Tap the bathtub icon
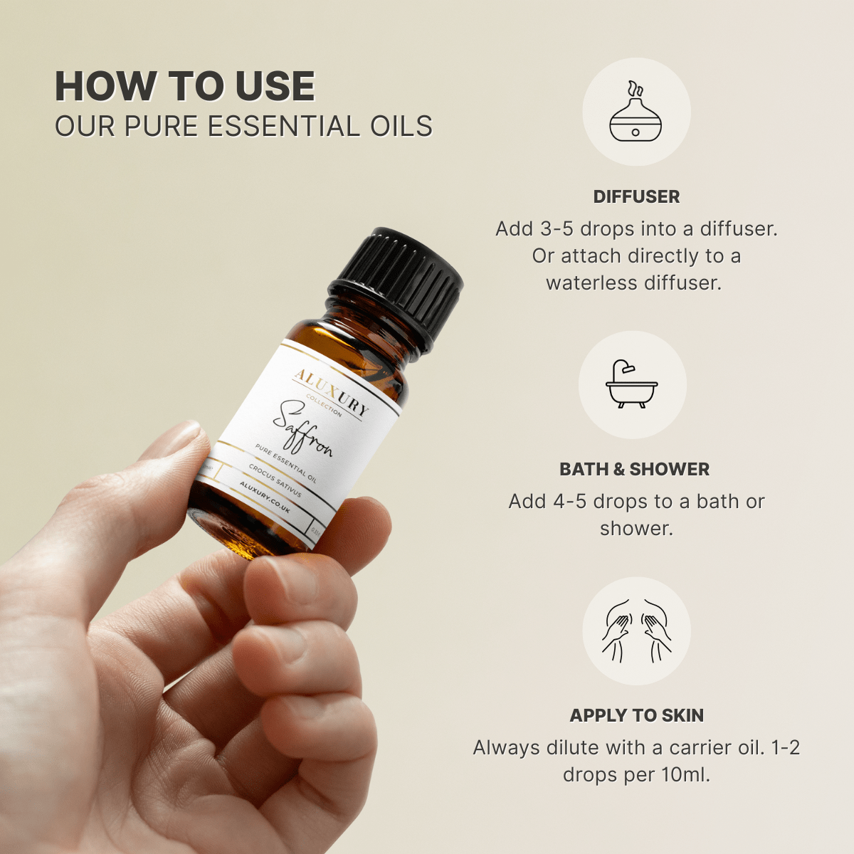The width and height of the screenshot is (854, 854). coord(632,385)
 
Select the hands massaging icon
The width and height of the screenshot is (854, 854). coord(636,631)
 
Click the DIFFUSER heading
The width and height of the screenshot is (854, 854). coord(636,196)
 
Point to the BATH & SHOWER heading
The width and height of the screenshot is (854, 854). coord(634,469)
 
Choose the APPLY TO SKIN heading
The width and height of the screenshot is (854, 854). coord(636,715)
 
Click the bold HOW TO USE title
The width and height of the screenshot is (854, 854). coord(185,87)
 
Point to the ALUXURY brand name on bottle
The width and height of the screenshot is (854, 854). coord(332,391)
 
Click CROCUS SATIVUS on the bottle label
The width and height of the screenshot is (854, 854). coord(275,481)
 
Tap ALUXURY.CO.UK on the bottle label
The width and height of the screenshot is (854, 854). coord(265,497)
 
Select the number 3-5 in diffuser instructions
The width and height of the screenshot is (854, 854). coord(557,229)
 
